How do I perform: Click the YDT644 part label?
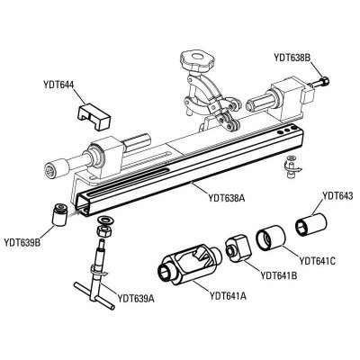coord(58,85)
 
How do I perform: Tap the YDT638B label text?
coord(292,58)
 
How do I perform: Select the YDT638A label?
coord(227,198)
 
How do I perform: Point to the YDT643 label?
coord(337,196)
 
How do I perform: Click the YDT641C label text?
coord(317,261)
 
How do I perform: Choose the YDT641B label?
coord(279,275)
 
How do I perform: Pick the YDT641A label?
coord(228,296)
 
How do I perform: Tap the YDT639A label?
coord(136,298)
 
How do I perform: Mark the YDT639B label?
coord(22,242)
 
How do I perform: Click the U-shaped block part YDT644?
coord(94,116)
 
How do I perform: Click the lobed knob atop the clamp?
coord(197,60)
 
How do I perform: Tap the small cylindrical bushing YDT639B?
coord(59,214)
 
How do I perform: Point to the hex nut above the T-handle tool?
coord(103,231)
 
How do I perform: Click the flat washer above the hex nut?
coord(104,220)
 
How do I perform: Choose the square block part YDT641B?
coord(238,247)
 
